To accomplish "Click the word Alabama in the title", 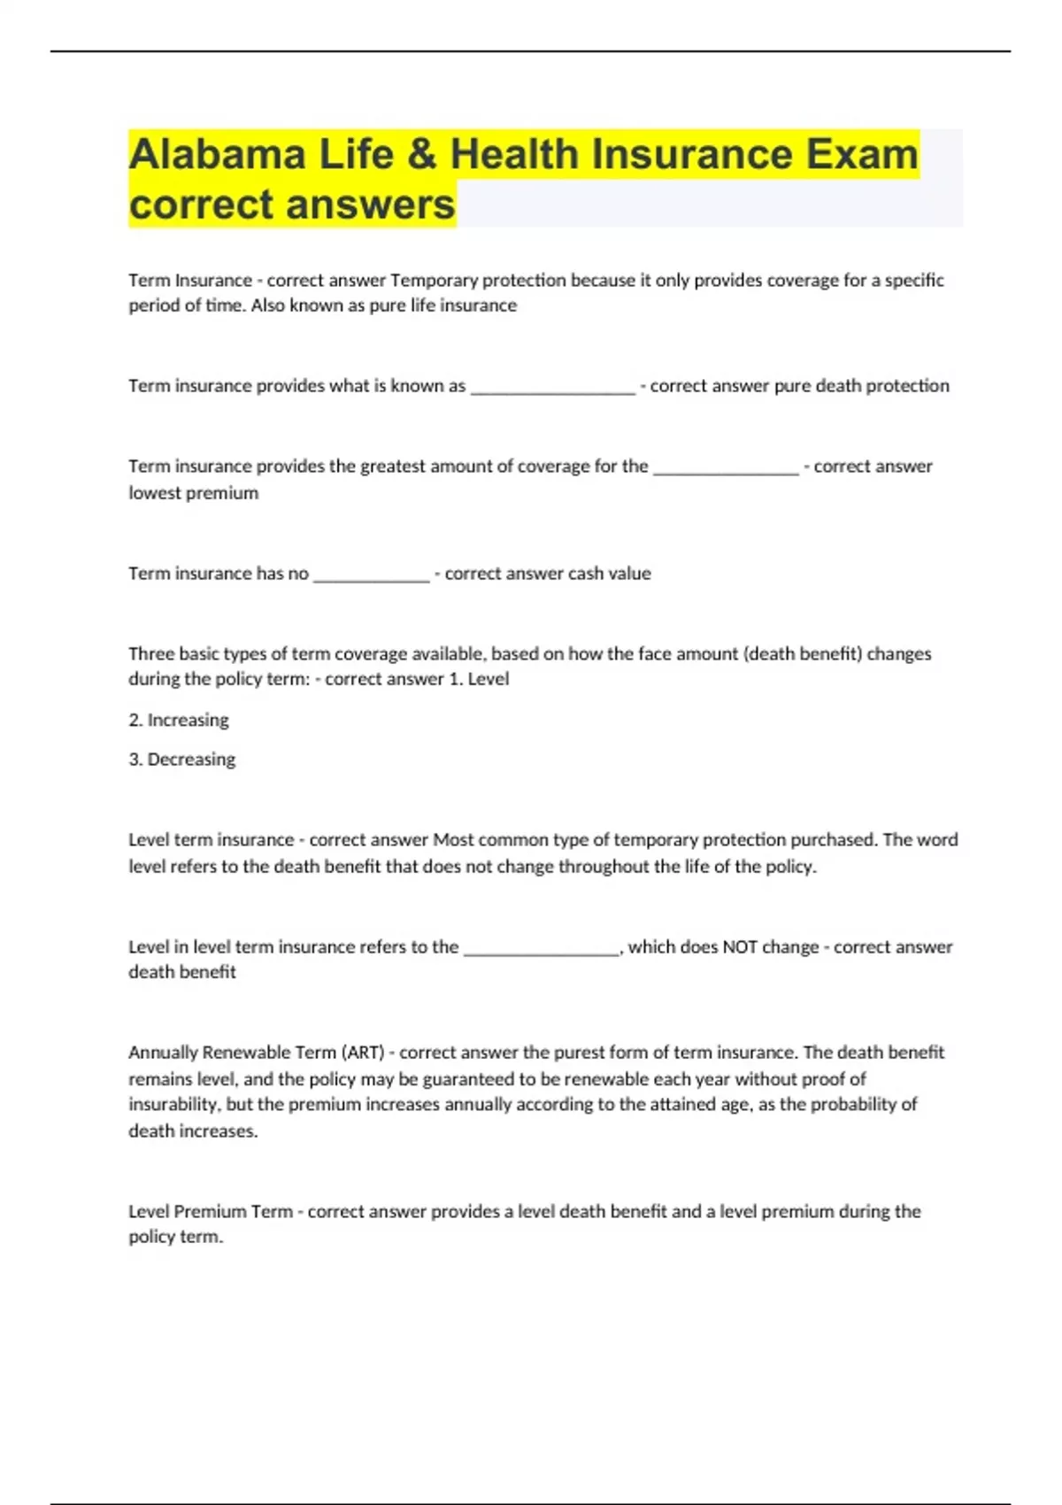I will [x=217, y=155].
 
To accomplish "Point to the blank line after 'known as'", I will [x=552, y=388].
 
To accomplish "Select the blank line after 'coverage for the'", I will [x=726, y=468].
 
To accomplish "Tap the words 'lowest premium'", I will [x=193, y=493].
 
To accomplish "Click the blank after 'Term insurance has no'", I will [x=371, y=575].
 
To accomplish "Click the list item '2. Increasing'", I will [x=178, y=720].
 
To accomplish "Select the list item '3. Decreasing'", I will [x=181, y=760].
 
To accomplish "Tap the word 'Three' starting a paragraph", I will [x=151, y=654].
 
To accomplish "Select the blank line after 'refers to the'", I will [x=541, y=949].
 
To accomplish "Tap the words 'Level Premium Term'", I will [x=210, y=1211].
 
